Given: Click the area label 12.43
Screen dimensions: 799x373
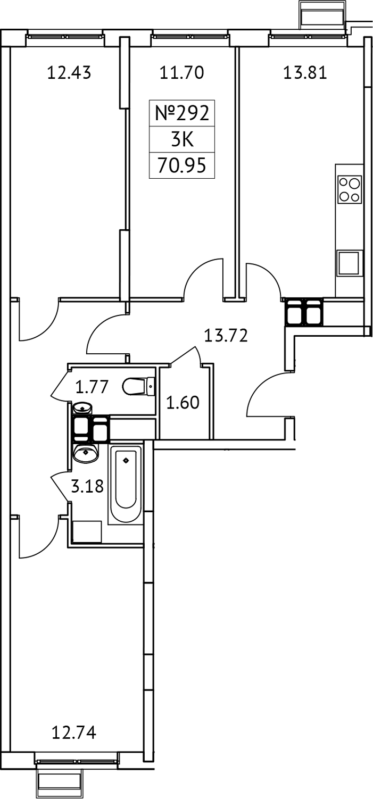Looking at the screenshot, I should click(69, 72).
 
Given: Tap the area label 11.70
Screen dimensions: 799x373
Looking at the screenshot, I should click(181, 72).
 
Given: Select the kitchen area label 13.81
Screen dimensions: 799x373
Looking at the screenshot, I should click(304, 72).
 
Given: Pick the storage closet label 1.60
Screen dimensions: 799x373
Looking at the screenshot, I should click(183, 403).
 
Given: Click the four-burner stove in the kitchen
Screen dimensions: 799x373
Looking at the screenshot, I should click(350, 189).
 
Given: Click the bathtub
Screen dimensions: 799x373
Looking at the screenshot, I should click(126, 484).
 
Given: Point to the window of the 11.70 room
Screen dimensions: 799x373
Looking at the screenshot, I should click(182, 37).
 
